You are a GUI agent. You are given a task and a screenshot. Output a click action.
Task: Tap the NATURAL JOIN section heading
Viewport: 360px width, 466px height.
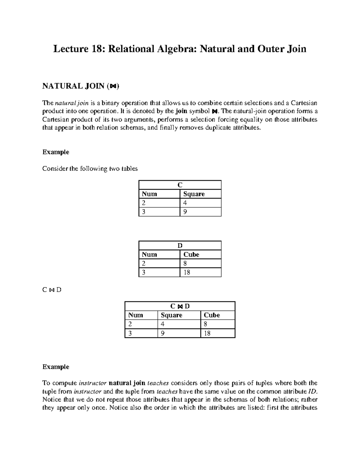pyautogui.click(x=80, y=86)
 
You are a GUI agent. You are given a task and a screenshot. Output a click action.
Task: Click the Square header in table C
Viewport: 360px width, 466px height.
pyautogui.click(x=194, y=194)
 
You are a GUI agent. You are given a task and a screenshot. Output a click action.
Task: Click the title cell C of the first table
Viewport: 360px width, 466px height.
pyautogui.click(x=180, y=185)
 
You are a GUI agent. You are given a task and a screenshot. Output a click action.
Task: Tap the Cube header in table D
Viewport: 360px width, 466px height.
pyautogui.click(x=191, y=255)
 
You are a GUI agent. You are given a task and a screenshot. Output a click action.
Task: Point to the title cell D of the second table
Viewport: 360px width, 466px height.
pyautogui.click(x=180, y=246)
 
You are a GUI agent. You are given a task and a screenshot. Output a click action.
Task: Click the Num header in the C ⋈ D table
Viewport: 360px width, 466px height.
pyautogui.click(x=136, y=315)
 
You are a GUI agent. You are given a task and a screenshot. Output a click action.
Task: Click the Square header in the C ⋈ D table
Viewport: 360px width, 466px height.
pyautogui.click(x=172, y=315)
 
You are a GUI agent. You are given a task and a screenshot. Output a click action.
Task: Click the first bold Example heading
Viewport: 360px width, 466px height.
pyautogui.click(x=56, y=152)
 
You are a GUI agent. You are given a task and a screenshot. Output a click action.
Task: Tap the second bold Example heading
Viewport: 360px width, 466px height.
pyautogui.click(x=56, y=367)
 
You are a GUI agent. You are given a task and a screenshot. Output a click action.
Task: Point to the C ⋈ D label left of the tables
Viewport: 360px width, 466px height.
pyautogui.click(x=52, y=290)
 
